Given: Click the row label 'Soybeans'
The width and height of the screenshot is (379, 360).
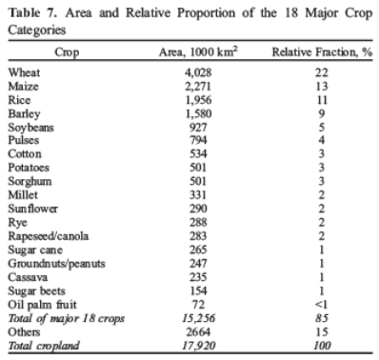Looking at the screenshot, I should tap(30, 126).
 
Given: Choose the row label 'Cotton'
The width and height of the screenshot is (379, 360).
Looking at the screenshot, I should tap(25, 152).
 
